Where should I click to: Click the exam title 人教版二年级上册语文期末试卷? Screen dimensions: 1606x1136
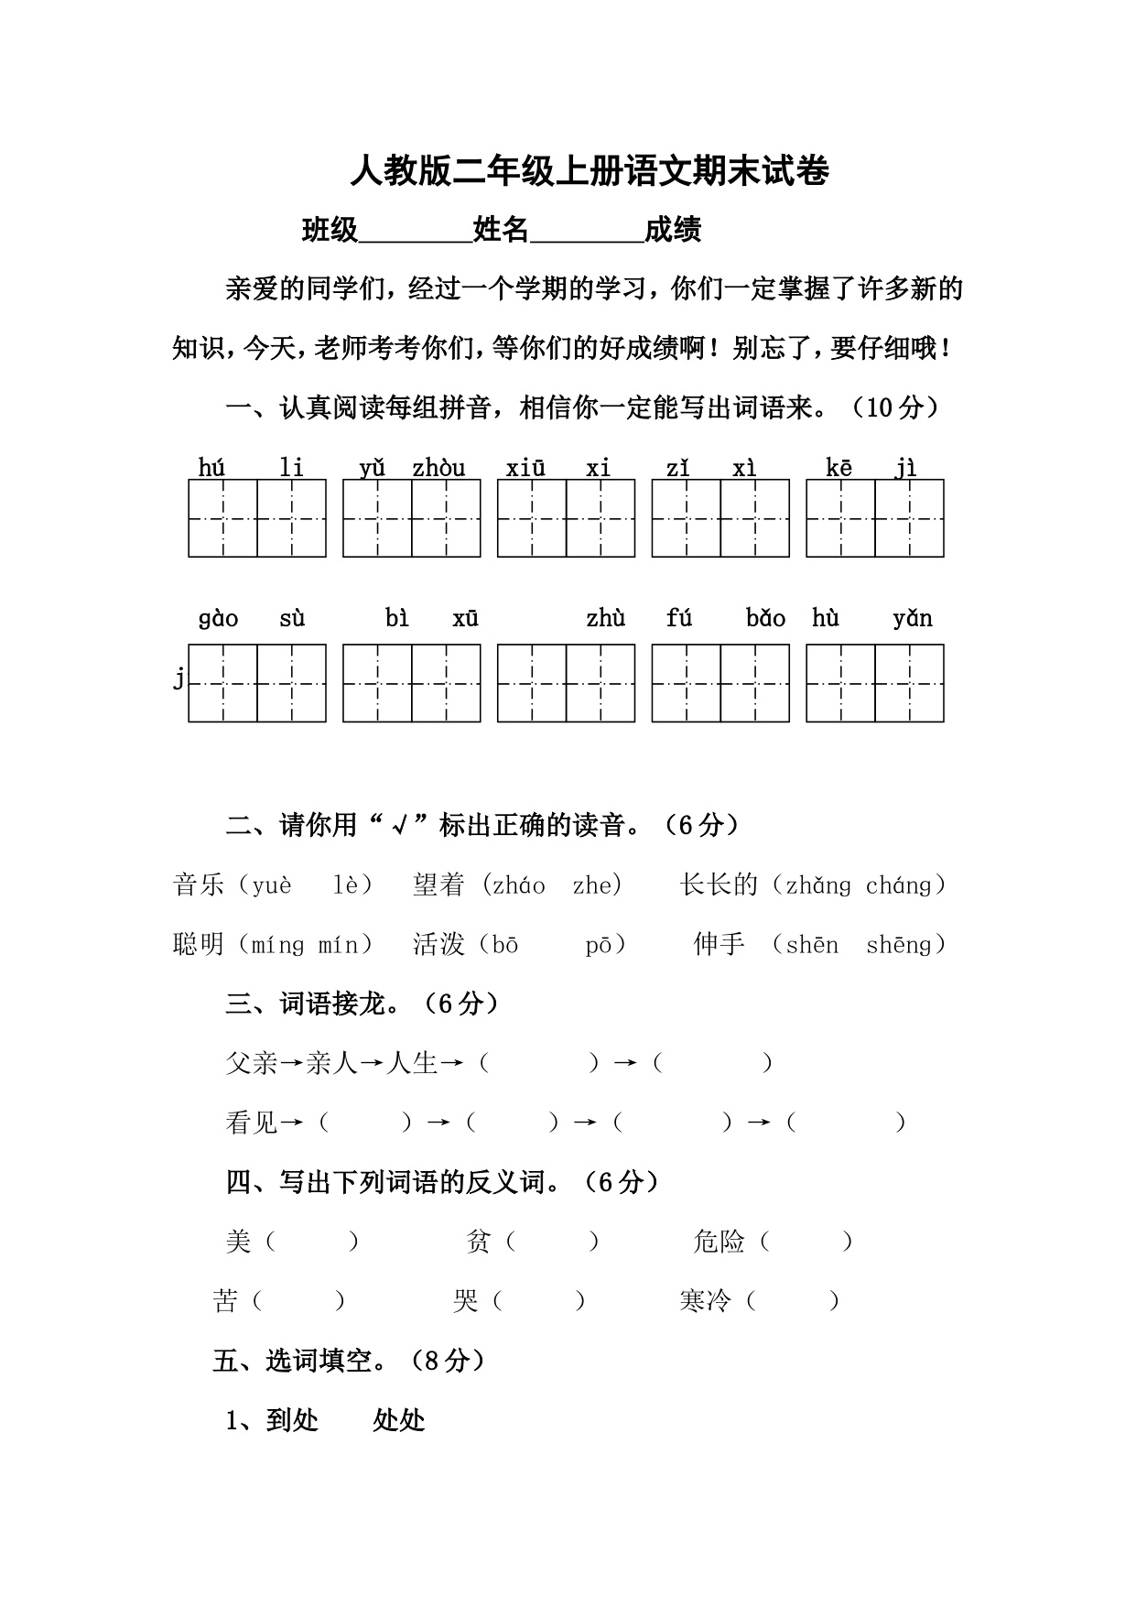590,172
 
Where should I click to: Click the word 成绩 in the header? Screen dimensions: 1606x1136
673,230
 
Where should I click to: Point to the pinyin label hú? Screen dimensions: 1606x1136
211,468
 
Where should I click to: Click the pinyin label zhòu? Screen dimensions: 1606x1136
438,468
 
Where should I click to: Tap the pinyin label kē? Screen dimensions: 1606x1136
838,468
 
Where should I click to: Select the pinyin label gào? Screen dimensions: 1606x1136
218,619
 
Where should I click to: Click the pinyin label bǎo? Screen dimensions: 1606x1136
765,619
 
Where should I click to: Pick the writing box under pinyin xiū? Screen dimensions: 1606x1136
532,518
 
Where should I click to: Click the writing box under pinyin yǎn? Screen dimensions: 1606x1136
909,683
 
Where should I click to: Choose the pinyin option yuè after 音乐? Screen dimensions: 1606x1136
272,885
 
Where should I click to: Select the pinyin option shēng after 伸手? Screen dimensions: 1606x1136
898,945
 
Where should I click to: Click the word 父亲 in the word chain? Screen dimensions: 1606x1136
252,1063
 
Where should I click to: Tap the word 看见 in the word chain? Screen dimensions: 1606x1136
252,1123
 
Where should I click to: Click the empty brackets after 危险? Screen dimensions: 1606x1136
806,1242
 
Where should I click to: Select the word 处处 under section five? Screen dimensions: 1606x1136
399,1420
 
